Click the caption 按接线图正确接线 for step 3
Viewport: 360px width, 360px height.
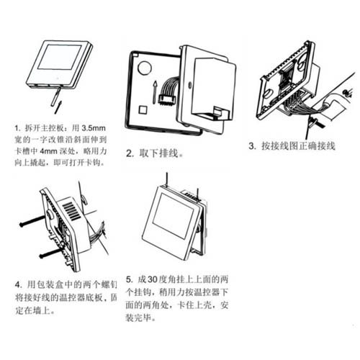(300, 146)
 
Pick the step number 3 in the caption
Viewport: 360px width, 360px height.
(253, 146)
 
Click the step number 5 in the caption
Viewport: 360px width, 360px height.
(129, 279)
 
